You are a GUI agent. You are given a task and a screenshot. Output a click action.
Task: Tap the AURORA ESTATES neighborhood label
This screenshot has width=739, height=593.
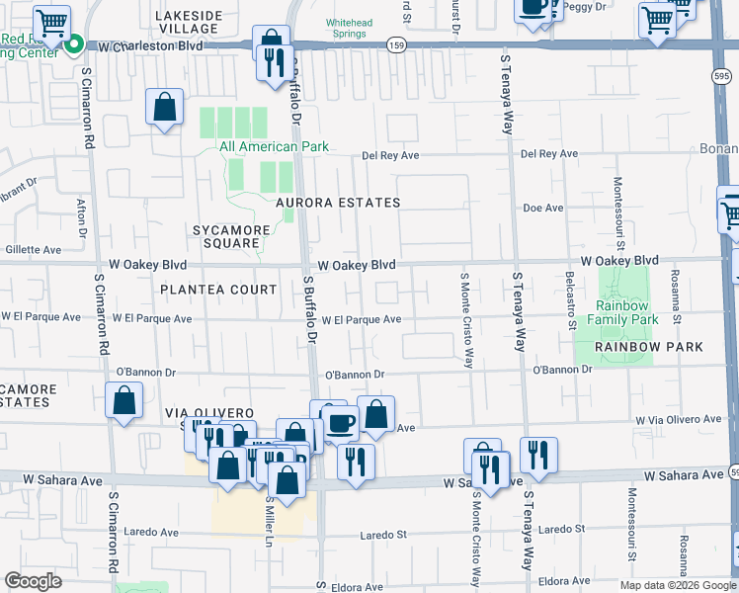tap(338, 203)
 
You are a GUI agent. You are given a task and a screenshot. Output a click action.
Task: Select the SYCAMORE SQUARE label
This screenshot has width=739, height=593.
tap(230, 237)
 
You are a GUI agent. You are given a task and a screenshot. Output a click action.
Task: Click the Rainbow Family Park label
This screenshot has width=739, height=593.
tap(622, 312)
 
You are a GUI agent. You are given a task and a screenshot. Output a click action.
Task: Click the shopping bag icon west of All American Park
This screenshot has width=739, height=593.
tap(165, 107)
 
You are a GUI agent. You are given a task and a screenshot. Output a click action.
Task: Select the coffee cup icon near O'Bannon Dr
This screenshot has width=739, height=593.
tap(342, 423)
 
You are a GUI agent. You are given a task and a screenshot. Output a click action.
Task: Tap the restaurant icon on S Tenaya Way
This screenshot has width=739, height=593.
tap(538, 455)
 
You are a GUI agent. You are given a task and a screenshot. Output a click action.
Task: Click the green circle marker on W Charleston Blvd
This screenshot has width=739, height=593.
tap(75, 45)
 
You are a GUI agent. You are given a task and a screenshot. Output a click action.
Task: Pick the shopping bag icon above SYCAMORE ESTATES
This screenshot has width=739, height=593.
tap(124, 402)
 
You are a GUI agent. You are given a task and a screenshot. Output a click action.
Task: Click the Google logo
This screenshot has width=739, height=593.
tap(34, 580)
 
